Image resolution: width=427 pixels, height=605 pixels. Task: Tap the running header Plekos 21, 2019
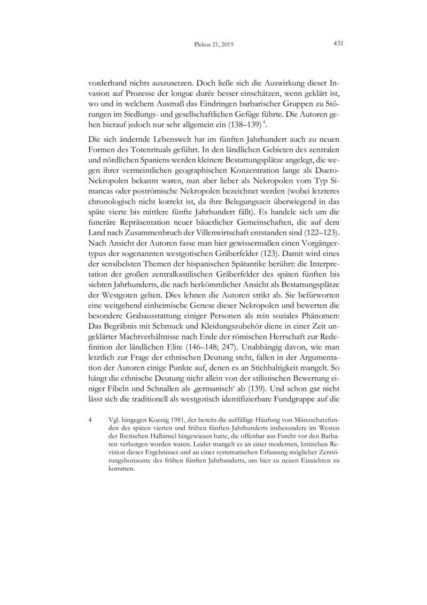pyautogui.click(x=213, y=45)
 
